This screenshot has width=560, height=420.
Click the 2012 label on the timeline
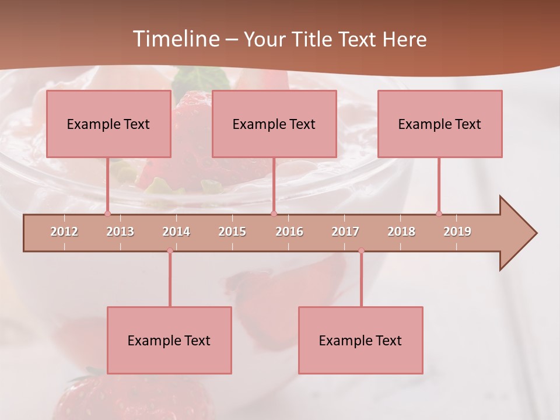coord(64,232)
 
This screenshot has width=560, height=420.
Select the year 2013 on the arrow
coord(120,232)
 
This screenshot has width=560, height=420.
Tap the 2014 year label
coord(176,232)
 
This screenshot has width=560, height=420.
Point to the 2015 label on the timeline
coord(232,232)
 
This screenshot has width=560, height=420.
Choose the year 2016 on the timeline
coord(289,232)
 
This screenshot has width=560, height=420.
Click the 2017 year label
coord(345,232)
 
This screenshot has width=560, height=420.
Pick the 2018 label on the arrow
coord(401,232)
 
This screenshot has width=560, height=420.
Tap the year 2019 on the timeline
coord(457,232)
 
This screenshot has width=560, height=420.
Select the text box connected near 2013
coord(108,124)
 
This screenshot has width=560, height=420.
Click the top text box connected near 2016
coord(274,124)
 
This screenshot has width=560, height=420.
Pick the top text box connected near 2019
coord(440,124)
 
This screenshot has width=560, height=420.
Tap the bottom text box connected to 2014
coord(169,341)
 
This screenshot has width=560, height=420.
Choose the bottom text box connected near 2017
coord(360,341)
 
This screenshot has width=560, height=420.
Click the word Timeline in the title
coord(175,39)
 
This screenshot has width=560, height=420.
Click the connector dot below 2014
coord(170,251)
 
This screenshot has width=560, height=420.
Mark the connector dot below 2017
coord(361,251)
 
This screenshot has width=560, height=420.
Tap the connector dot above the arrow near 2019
coord(439,213)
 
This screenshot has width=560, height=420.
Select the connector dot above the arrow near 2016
coord(274,213)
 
